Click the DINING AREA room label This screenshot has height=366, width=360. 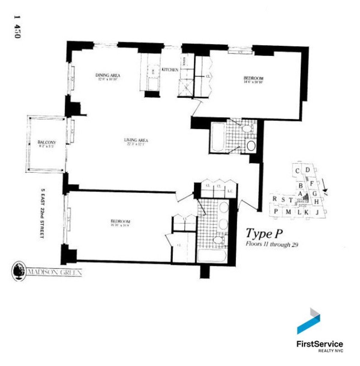[x=108, y=75]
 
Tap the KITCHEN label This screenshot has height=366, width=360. [x=170, y=70]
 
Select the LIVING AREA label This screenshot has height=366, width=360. [x=136, y=140]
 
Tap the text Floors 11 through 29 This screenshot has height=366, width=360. [x=272, y=244]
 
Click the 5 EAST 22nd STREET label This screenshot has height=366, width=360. [x=42, y=213]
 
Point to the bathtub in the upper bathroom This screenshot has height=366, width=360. [x=217, y=138]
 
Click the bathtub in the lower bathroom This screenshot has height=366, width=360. [x=212, y=257]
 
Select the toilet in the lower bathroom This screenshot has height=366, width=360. [x=218, y=240]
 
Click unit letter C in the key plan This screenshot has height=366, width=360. [x=297, y=171]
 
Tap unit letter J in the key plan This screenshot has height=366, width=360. [x=317, y=213]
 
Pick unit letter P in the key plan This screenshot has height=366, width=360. [x=276, y=211]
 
